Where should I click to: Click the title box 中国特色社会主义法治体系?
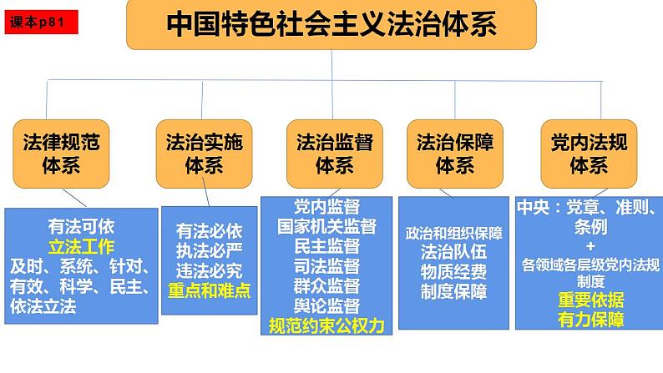point(331,26)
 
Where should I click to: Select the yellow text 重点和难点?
point(210,290)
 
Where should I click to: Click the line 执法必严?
point(210,250)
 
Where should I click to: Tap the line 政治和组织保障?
point(454,233)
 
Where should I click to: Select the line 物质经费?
point(454,272)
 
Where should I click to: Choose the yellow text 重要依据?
point(591,300)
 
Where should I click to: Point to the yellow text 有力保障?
point(591,320)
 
